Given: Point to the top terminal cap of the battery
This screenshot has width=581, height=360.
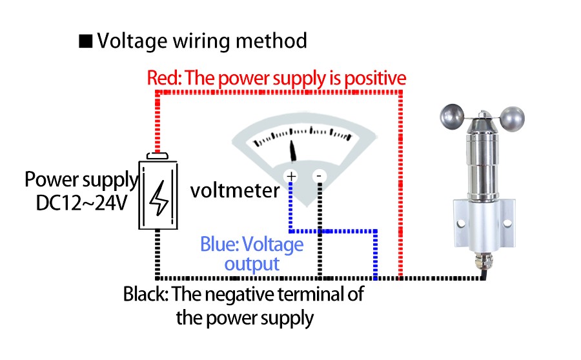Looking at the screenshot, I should click(x=158, y=155).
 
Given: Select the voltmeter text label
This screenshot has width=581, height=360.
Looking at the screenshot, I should click(x=235, y=191).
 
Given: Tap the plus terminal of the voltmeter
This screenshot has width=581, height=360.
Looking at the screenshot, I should click(x=291, y=176).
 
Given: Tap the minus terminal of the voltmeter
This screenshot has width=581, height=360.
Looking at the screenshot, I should click(x=320, y=176).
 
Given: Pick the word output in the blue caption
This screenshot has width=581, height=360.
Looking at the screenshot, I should click(x=252, y=264).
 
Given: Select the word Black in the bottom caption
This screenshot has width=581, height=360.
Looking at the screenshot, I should click(x=145, y=295).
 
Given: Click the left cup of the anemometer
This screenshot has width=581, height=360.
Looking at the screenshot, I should click(x=453, y=118).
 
